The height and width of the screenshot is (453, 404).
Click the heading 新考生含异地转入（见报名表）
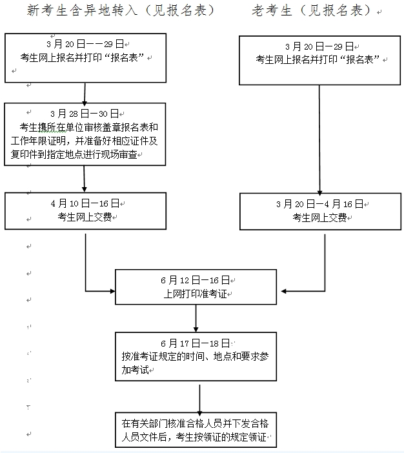click(120, 11)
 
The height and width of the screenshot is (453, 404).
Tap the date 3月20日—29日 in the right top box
click(319, 46)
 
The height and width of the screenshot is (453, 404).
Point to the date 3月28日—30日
click(84, 113)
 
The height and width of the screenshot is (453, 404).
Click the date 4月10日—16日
click(84, 203)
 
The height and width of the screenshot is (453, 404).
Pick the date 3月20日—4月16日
click(319, 204)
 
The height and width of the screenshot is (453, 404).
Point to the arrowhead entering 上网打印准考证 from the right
click(285, 290)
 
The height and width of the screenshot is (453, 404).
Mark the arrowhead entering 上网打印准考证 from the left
click(110, 290)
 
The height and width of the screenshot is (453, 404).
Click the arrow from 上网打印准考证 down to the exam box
click(196, 319)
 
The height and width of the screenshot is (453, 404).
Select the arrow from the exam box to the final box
click(199, 399)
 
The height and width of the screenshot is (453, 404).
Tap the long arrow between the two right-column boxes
click(319, 139)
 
